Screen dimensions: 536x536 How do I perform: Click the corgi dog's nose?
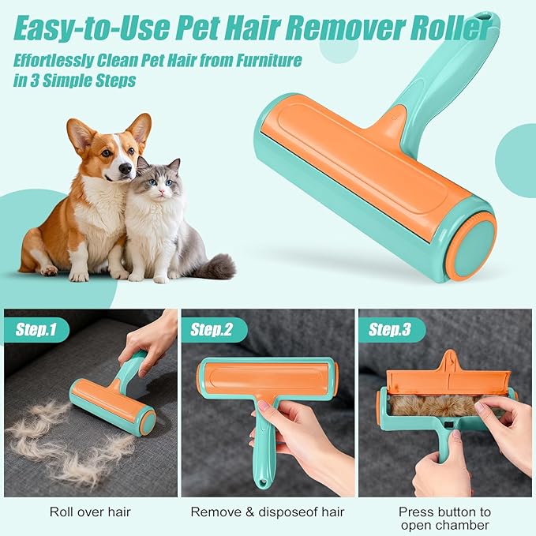(x=126, y=168)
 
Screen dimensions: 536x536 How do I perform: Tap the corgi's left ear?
(x=81, y=134)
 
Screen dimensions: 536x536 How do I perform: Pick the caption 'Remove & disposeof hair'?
(x=268, y=512)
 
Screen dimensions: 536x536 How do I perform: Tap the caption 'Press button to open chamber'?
(x=444, y=518)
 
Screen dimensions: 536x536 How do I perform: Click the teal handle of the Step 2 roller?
(x=263, y=450)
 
